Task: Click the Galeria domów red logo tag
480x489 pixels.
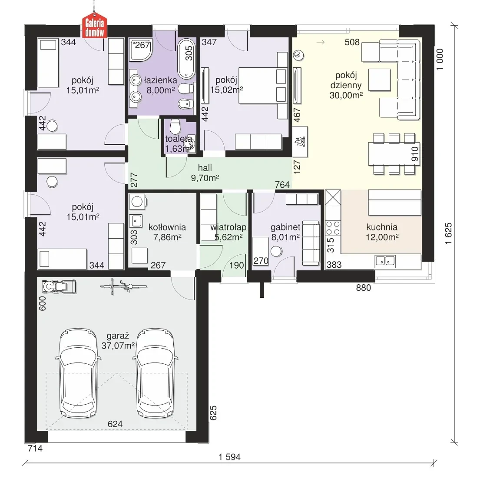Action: pyautogui.click(x=94, y=27)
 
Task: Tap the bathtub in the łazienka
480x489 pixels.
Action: pyautogui.click(x=186, y=58)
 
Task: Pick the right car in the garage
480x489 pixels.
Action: pyautogui.click(x=155, y=373)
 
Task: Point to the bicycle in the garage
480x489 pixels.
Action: pyautogui.click(x=123, y=286)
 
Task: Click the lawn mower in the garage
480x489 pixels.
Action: pyautogui.click(x=59, y=286)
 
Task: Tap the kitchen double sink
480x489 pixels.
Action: pyautogui.click(x=385, y=261)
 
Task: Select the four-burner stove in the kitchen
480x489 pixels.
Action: pyautogui.click(x=333, y=228)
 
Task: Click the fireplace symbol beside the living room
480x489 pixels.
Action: pyautogui.click(x=300, y=142)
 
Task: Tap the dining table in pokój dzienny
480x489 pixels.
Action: pyautogui.click(x=394, y=153)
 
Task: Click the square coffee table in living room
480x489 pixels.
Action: pyautogui.click(x=379, y=80)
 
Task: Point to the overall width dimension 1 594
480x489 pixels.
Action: pyautogui.click(x=229, y=457)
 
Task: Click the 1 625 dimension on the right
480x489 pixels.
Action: pyautogui.click(x=448, y=233)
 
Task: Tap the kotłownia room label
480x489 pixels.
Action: pyautogui.click(x=167, y=227)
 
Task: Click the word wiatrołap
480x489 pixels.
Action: pyautogui.click(x=228, y=227)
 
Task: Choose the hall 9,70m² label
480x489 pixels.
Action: pyautogui.click(x=205, y=173)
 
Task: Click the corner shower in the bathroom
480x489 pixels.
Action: pyautogui.click(x=141, y=50)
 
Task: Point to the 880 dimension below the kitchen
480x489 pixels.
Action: pyautogui.click(x=364, y=288)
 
